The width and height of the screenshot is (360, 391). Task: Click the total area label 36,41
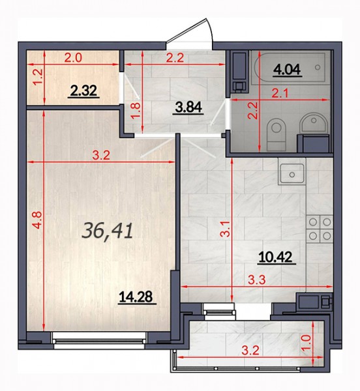[x=107, y=231]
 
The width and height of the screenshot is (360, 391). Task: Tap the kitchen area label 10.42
[x=275, y=257]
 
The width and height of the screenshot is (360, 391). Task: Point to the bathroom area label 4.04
[x=288, y=70]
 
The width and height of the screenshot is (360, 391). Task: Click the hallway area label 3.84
[x=188, y=108]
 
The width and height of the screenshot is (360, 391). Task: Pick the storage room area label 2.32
[x=83, y=91]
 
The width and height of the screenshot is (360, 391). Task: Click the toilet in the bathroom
[x=276, y=135]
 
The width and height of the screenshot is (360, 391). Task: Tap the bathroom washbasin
[x=314, y=123]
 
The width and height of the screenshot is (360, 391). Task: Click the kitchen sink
[x=292, y=173]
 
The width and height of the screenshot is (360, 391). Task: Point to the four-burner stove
[x=320, y=229]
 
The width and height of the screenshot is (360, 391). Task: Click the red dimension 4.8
[x=37, y=220]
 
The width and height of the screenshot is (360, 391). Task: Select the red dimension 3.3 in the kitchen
[x=257, y=280]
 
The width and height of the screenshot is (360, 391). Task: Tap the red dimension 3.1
[x=226, y=229]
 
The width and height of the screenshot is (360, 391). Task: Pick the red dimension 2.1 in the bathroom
[x=280, y=94]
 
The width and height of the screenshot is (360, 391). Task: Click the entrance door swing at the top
[x=190, y=34]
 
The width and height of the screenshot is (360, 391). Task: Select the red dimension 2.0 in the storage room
[x=73, y=59]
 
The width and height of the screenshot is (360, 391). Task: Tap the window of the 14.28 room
[x=99, y=341]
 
